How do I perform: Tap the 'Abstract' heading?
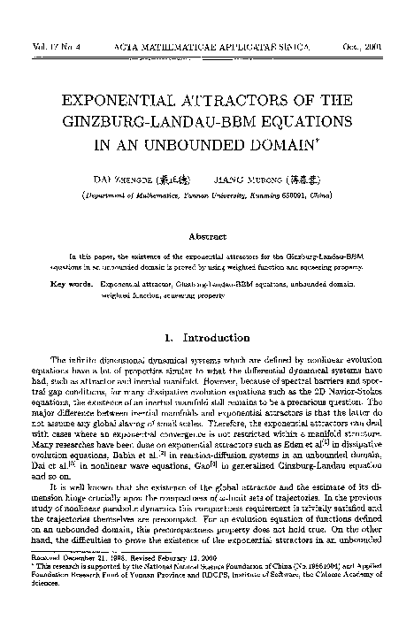point(206,235)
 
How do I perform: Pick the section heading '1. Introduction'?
point(206,337)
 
